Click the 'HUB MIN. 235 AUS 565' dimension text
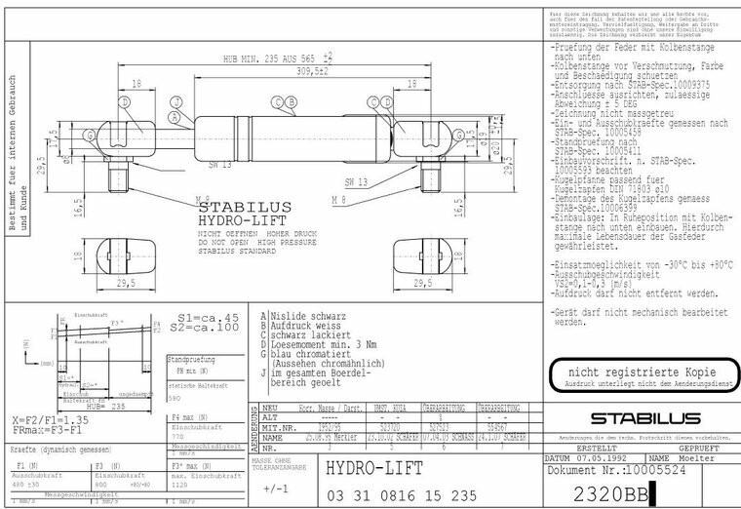click(x=272, y=59)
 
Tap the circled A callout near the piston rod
click(x=175, y=119)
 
